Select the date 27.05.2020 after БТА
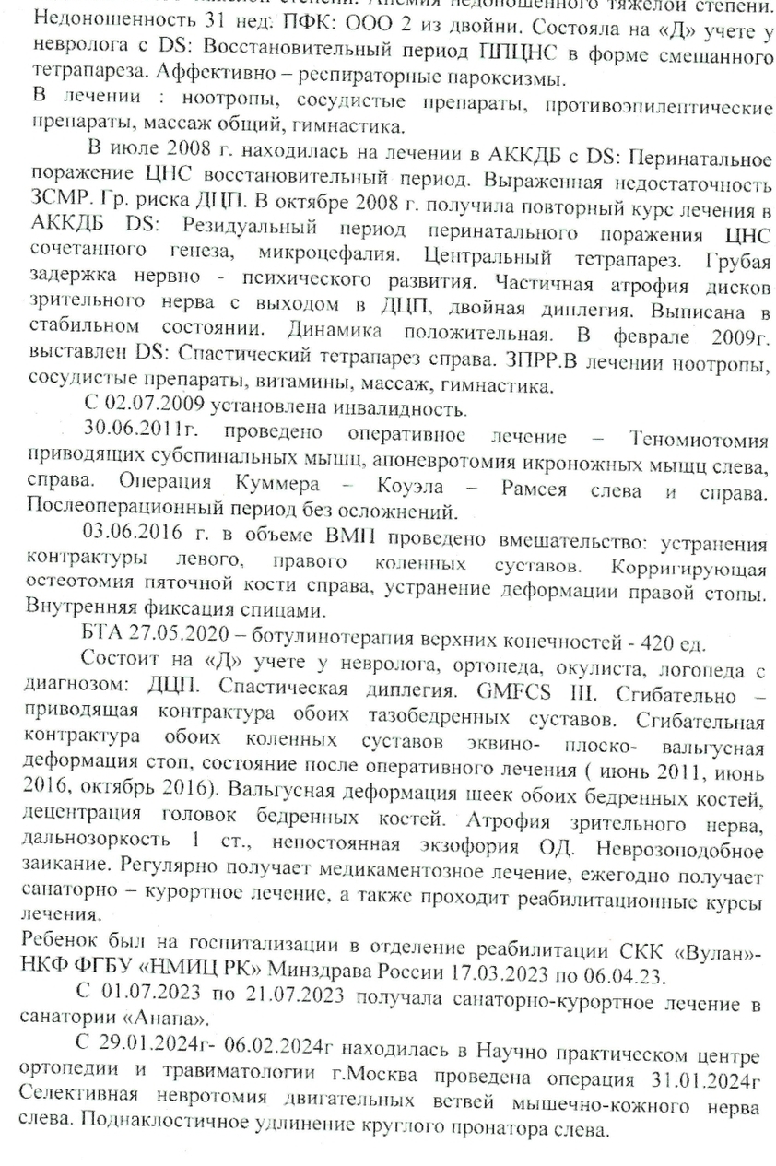[173, 634]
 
